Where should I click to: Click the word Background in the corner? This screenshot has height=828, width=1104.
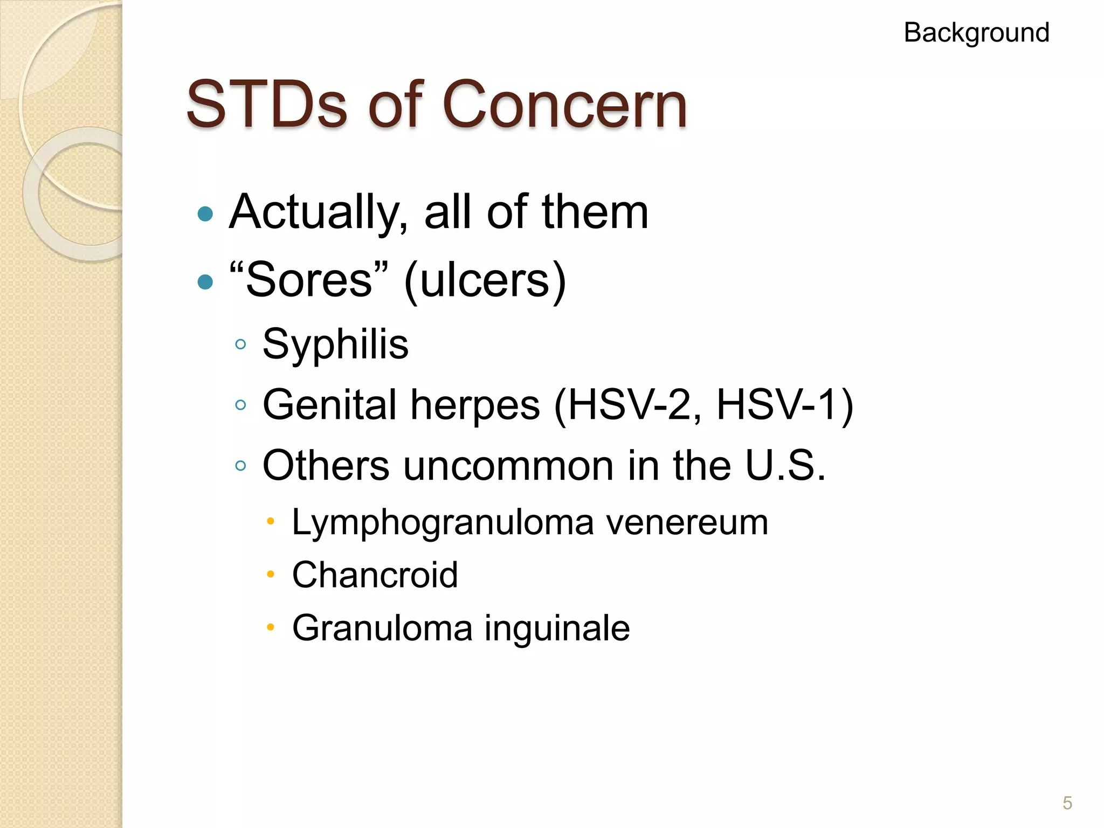click(x=976, y=33)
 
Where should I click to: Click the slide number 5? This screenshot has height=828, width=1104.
click(x=1067, y=803)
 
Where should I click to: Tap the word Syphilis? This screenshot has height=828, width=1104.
click(x=335, y=344)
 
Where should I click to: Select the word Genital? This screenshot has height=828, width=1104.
click(x=329, y=405)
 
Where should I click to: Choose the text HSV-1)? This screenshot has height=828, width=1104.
click(x=785, y=405)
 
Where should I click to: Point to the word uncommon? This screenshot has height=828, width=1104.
click(x=508, y=465)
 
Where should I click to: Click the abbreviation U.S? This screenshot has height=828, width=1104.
click(x=785, y=465)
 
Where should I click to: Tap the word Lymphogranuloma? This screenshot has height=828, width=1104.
click(x=443, y=522)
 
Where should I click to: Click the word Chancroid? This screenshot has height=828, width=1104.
click(x=375, y=575)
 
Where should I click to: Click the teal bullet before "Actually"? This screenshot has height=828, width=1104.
click(x=205, y=215)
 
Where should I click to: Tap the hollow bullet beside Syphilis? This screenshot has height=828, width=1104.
click(x=240, y=344)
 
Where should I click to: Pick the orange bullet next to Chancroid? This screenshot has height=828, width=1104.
click(x=271, y=575)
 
